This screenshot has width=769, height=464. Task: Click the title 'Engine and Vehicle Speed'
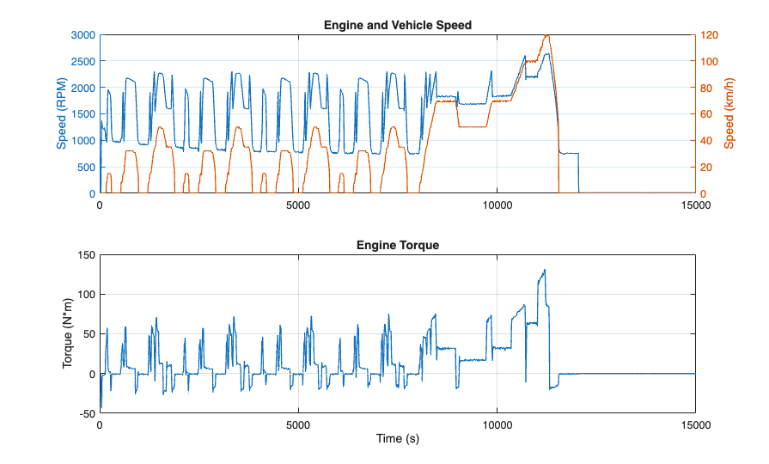coord(397,25)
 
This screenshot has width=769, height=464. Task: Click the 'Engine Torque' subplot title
coord(397,245)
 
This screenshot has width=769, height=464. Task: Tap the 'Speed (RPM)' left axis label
coord(62,114)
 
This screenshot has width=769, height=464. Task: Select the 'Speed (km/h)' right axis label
coord(729,114)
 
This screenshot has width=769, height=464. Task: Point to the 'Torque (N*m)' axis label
coord(68,333)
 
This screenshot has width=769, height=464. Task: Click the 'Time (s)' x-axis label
coord(397,439)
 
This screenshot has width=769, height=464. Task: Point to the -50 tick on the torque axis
coord(85,413)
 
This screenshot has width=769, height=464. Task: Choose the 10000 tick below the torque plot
coord(497,425)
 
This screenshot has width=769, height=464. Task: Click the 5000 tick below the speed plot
coord(298,205)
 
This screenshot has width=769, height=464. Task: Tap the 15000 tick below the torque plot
coord(694,425)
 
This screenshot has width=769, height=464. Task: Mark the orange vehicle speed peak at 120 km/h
coord(546,36)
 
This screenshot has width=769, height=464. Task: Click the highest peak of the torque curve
coord(544,271)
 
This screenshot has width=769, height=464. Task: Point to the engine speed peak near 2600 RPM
coord(546,54)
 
